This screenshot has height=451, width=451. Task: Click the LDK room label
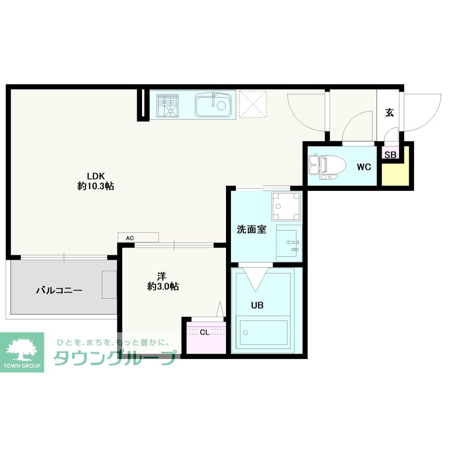[x=96, y=176]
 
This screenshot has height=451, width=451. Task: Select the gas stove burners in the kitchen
[x=168, y=105]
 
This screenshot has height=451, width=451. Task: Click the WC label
[x=364, y=167]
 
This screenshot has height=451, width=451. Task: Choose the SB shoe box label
[x=390, y=155]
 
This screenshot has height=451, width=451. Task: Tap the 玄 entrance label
[x=390, y=112]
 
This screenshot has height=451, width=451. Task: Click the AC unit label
[x=130, y=238]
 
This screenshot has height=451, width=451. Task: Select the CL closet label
[x=204, y=332]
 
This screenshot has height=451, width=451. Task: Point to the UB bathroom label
[x=257, y=305]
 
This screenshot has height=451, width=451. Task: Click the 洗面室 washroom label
[x=252, y=229]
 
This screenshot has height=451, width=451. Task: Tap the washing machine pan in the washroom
[x=286, y=206]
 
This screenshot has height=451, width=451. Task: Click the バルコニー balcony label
[x=59, y=290]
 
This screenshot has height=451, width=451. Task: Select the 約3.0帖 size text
[x=163, y=286]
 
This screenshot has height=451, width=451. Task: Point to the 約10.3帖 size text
[x=96, y=186]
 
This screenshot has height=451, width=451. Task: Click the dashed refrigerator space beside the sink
[x=253, y=104]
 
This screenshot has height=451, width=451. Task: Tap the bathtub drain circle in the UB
[x=245, y=333]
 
